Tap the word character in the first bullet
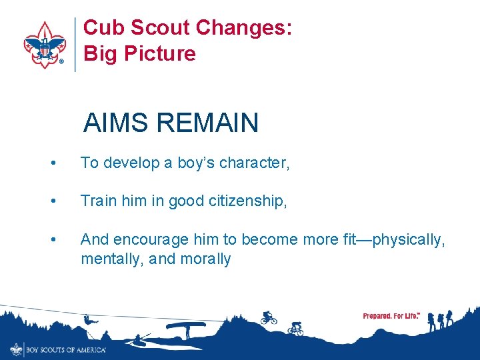253,163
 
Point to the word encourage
148,239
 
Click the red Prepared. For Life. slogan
391,316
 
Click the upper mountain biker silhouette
269,317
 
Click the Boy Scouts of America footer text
65,349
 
